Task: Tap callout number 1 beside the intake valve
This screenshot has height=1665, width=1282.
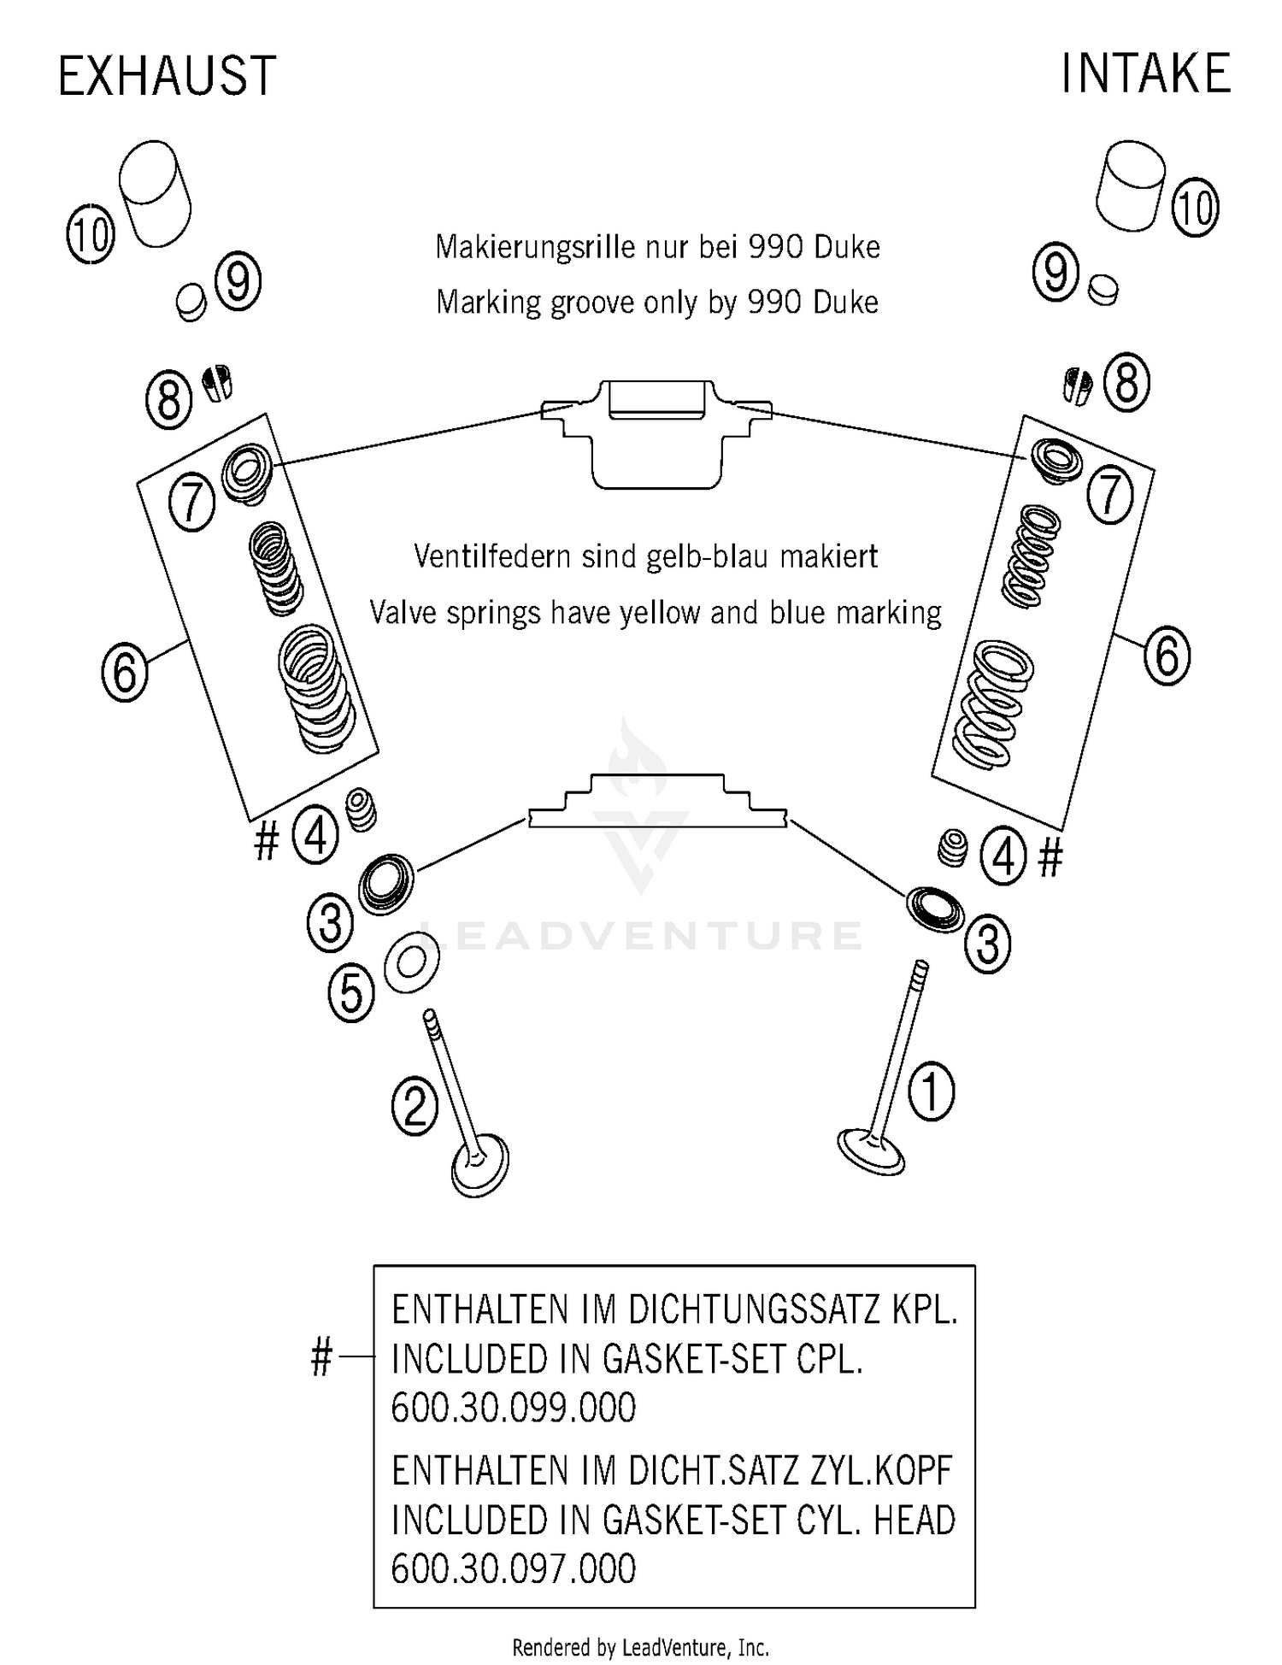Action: click(x=931, y=1091)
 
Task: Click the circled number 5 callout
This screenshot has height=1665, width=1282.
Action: click(x=351, y=993)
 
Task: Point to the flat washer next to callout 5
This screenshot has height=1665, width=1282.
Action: click(x=411, y=962)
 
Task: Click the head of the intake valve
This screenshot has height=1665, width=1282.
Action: click(x=870, y=1150)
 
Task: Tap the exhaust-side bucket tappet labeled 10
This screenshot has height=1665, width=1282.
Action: click(x=155, y=193)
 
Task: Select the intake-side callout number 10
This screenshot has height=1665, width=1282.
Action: click(x=1194, y=207)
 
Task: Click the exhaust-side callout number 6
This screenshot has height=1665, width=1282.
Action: click(x=125, y=672)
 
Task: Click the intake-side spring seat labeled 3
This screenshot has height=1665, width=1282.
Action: click(x=934, y=909)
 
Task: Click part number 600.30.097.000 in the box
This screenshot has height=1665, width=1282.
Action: click(x=513, y=1569)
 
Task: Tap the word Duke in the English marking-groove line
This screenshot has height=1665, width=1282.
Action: click(x=846, y=302)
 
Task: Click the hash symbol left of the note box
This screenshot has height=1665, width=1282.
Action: click(x=320, y=1357)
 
